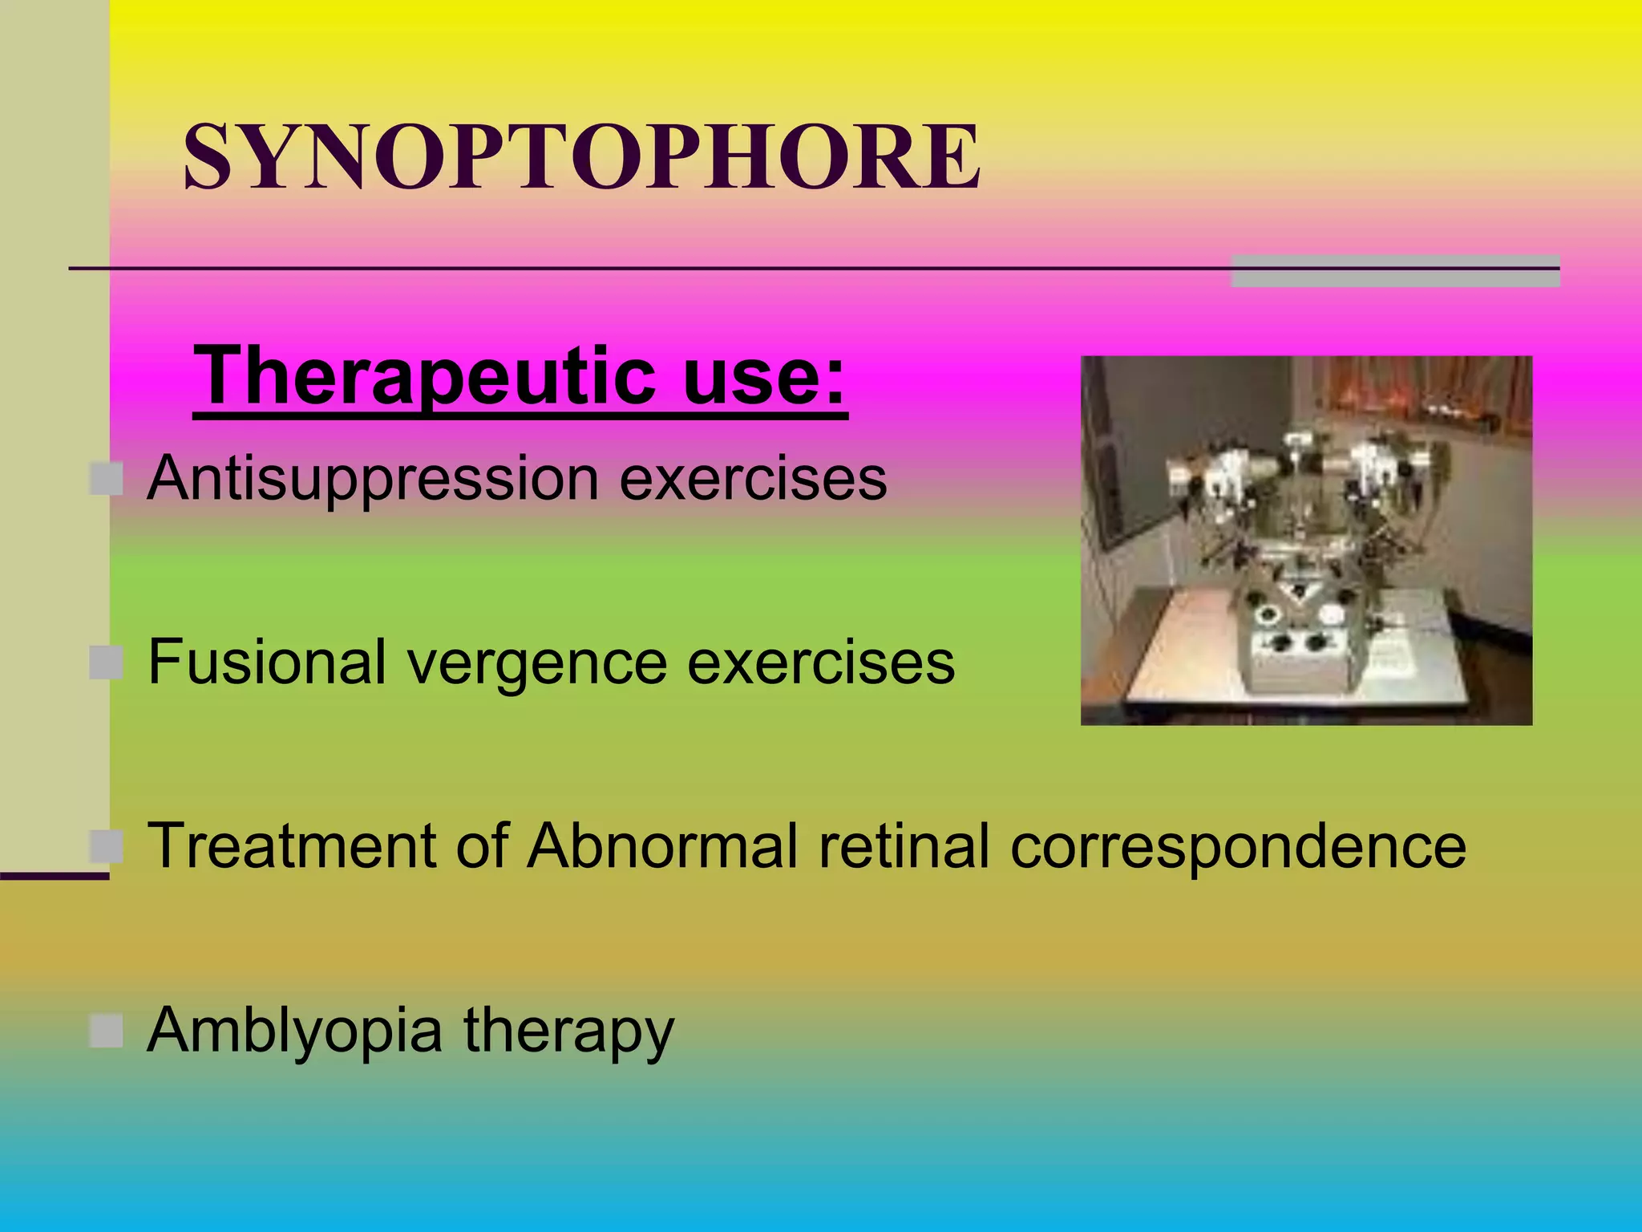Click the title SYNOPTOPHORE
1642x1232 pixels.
[x=582, y=157]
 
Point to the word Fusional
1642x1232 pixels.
[x=267, y=663]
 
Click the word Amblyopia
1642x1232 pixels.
[x=294, y=1031]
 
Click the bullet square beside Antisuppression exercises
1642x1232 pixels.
[x=106, y=480]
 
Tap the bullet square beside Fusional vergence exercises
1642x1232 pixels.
[x=106, y=663]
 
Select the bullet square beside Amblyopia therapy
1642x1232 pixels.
[x=106, y=1031]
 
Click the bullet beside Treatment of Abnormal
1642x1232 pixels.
[x=106, y=846]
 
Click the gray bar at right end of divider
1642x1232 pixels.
[x=1394, y=271]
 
